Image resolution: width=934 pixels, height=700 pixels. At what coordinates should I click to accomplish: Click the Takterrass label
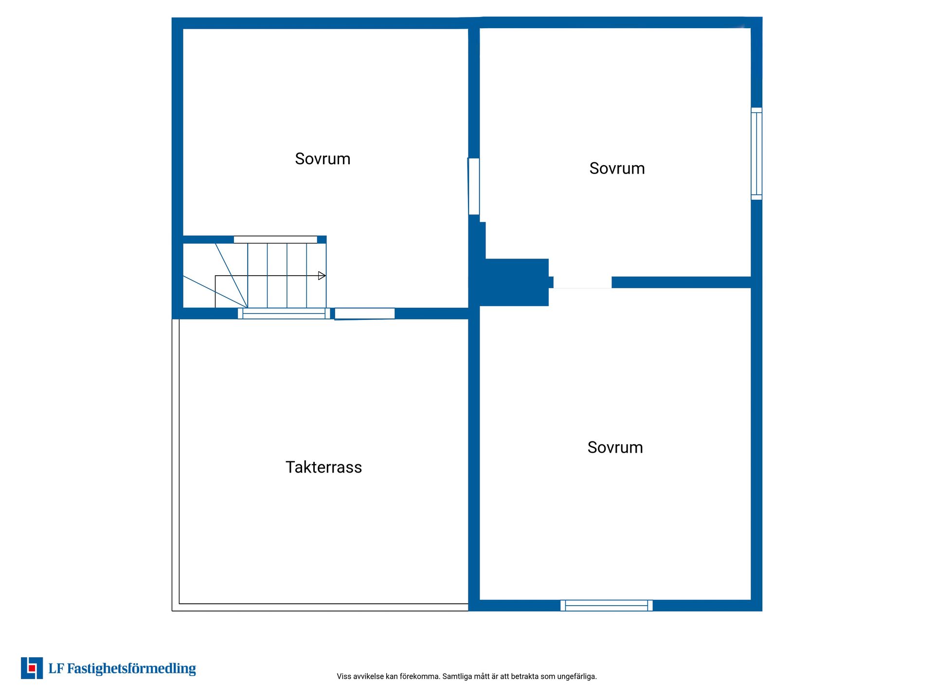pyautogui.click(x=323, y=467)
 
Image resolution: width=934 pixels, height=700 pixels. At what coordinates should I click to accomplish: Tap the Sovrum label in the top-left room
pyautogui.click(x=323, y=159)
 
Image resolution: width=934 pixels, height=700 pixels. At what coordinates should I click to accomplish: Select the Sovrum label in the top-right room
pyautogui.click(x=617, y=168)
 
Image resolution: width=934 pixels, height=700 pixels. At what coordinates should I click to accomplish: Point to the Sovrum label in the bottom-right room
pyautogui.click(x=615, y=447)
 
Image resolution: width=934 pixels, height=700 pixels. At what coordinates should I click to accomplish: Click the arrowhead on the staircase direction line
pyautogui.click(x=322, y=276)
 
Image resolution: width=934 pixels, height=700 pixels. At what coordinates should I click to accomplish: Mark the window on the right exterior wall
pyautogui.click(x=756, y=154)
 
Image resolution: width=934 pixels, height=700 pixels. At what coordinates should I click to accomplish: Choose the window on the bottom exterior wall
pyautogui.click(x=607, y=605)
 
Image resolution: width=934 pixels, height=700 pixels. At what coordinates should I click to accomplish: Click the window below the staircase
pyautogui.click(x=284, y=314)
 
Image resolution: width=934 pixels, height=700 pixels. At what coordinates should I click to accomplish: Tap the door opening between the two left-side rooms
pyautogui.click(x=365, y=314)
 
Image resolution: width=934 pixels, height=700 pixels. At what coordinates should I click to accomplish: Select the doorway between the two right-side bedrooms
pyautogui.click(x=582, y=282)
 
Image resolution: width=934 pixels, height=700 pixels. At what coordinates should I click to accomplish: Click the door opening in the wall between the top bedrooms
pyautogui.click(x=474, y=186)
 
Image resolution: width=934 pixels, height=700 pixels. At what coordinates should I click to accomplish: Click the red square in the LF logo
pyautogui.click(x=32, y=668)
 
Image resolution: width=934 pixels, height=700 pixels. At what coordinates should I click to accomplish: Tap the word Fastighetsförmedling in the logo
pyautogui.click(x=131, y=669)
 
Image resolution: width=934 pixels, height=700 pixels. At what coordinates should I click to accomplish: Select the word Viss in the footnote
pyautogui.click(x=344, y=676)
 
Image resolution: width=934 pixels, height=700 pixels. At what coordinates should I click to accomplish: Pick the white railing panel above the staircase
pyautogui.click(x=275, y=239)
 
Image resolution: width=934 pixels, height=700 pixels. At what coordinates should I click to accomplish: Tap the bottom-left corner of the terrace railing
pyautogui.click(x=172, y=611)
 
